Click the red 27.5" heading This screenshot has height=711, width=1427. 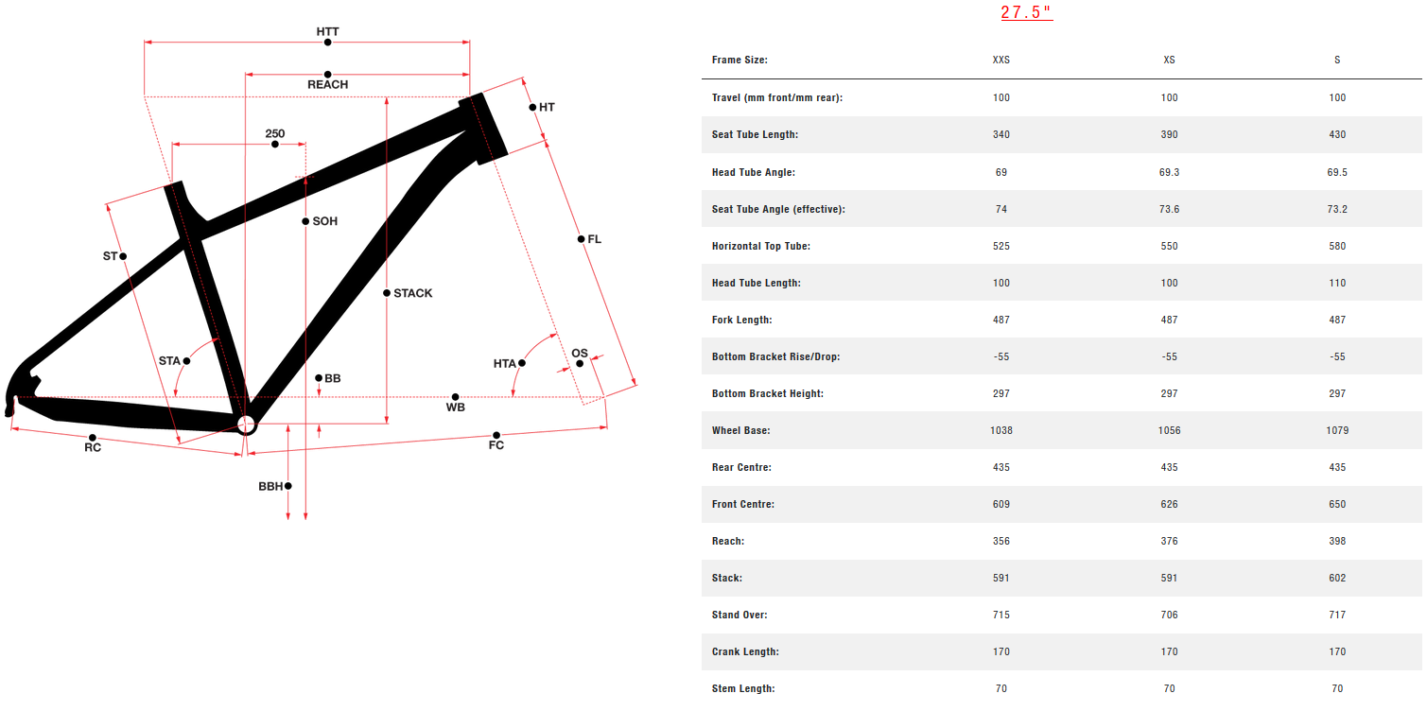tap(1026, 12)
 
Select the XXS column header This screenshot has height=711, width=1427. tap(1001, 60)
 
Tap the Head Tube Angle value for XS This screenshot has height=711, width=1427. tap(1169, 172)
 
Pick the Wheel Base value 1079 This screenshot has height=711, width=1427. tap(1336, 430)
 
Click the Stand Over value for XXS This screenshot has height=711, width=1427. tap(1001, 615)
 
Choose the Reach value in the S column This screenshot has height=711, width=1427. tap(1336, 541)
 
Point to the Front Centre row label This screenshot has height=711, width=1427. tap(742, 504)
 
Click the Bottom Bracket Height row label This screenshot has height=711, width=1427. tap(767, 393)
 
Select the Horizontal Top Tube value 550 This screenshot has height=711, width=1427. tap(1169, 246)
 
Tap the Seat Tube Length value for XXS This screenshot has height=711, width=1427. tap(1001, 134)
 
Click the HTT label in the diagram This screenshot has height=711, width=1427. tap(327, 31)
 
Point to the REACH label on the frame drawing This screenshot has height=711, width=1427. tap(327, 84)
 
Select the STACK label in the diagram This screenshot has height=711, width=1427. tap(413, 293)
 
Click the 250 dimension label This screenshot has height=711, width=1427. tap(274, 133)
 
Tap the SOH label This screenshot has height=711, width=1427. tap(325, 221)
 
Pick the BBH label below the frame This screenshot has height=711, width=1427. tap(270, 486)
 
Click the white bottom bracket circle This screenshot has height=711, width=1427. tap(246, 424)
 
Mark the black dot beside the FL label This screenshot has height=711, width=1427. tap(582, 239)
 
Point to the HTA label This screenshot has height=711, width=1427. tap(504, 363)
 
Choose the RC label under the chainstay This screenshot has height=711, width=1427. tap(92, 447)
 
